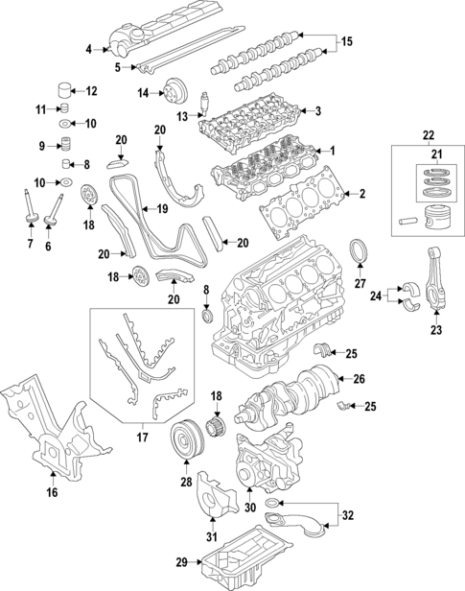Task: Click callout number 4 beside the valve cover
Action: click(88, 49)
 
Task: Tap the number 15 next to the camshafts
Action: click(347, 41)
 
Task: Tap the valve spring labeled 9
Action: click(66, 146)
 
